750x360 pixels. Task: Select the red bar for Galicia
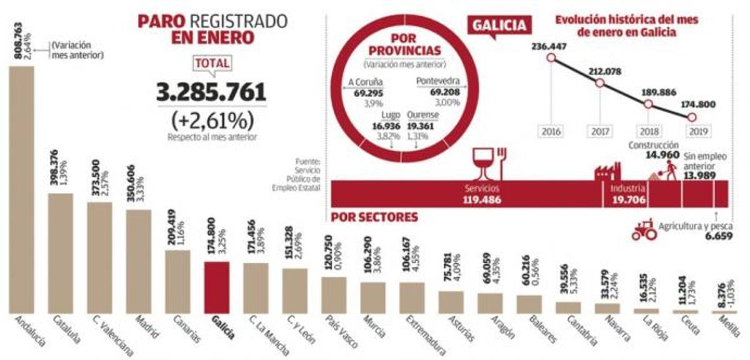pos(217,287)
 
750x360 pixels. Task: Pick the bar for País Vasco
pos(334,295)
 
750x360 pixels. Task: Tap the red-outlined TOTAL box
pos(212,63)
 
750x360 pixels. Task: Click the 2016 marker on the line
pos(551,58)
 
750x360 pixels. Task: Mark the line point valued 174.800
pos(691,117)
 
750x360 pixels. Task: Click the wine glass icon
pos(482,161)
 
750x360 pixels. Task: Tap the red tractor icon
pos(644,229)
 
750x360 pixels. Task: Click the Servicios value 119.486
pos(482,200)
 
